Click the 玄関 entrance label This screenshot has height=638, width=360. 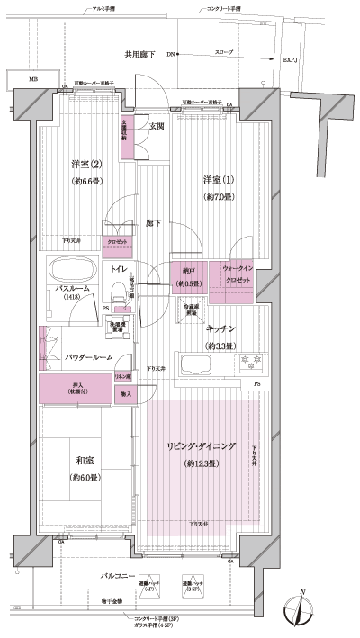pos(157,127)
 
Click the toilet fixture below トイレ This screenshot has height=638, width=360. pos(118,292)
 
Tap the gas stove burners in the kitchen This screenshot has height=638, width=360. pos(247,363)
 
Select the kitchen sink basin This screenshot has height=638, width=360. pos(196,366)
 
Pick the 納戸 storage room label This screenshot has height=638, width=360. pos(188,274)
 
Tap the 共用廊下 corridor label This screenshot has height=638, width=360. pos(139,55)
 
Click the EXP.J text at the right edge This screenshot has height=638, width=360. pos(289,61)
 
